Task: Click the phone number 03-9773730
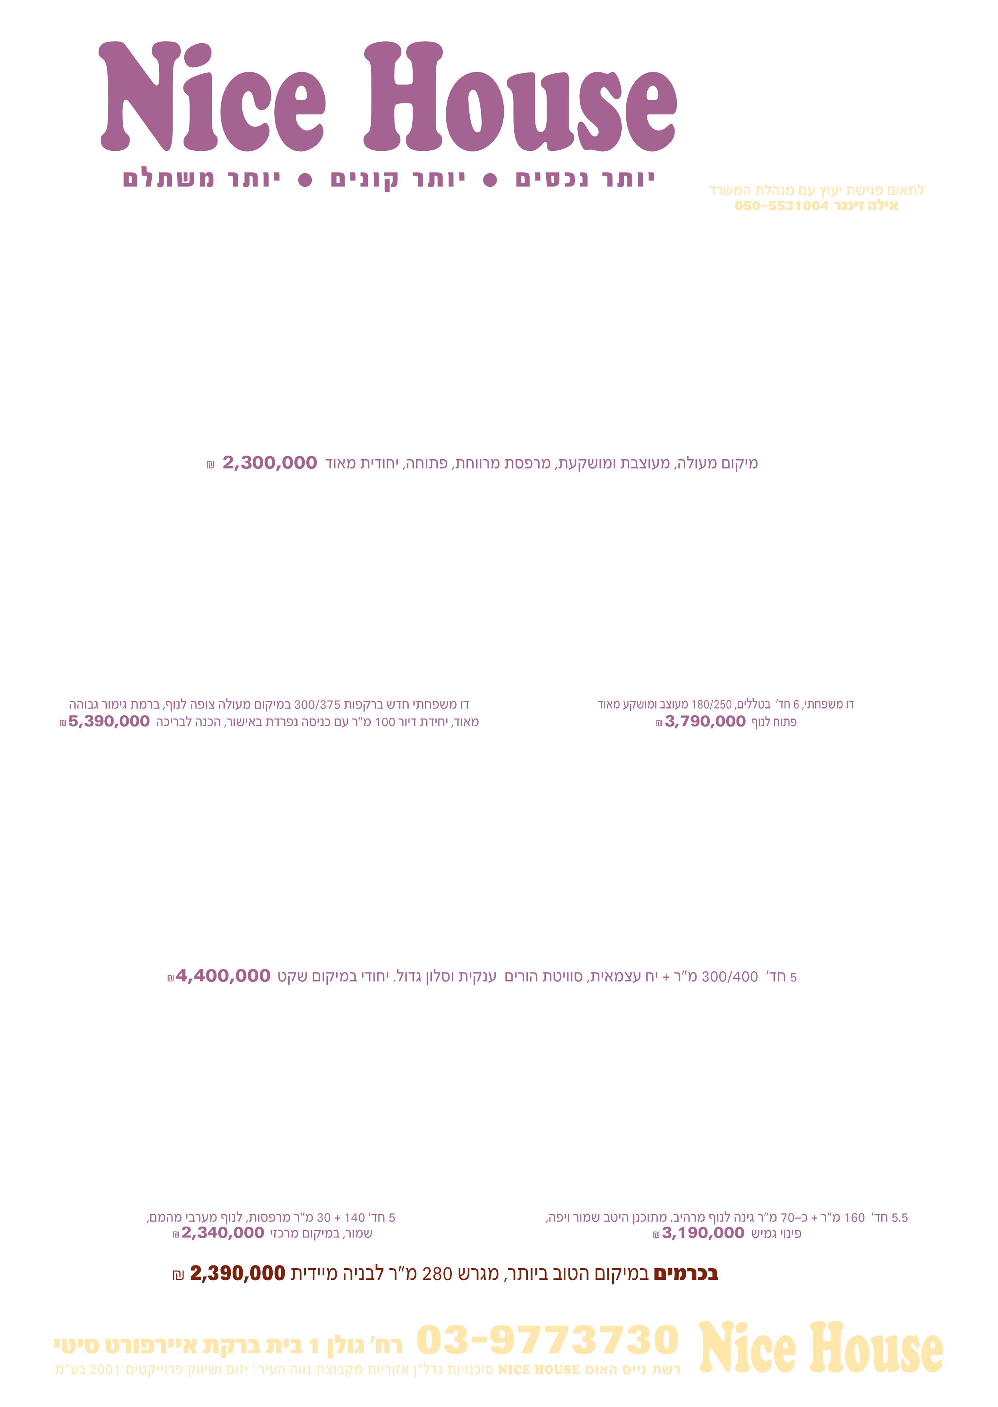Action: (547, 1340)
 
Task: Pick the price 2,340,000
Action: (222, 1233)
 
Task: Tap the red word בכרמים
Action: (685, 1273)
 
